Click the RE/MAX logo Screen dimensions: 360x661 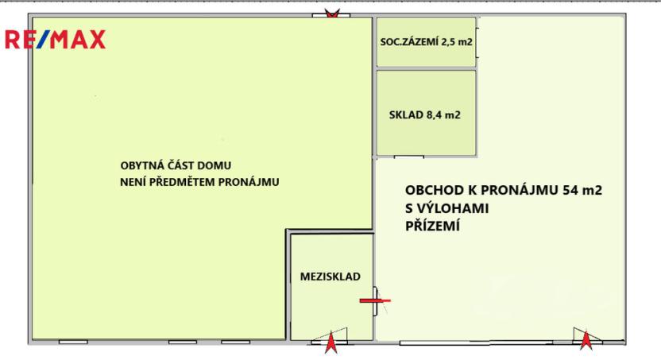point(56,40)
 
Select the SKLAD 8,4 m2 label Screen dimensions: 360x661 point(425,114)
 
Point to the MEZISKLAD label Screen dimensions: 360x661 point(330,277)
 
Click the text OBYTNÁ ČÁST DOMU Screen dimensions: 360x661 point(175,166)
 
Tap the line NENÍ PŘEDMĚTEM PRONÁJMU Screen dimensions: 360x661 point(199,181)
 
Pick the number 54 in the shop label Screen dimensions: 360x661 point(570,191)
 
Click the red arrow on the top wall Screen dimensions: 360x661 point(332,14)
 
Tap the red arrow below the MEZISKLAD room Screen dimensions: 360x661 point(331,343)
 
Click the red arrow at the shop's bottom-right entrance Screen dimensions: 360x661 point(586,341)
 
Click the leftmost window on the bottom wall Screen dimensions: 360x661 point(73,342)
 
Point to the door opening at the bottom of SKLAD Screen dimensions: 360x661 point(409,156)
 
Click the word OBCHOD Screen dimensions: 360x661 point(433,191)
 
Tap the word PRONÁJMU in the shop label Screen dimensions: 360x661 point(524,191)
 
